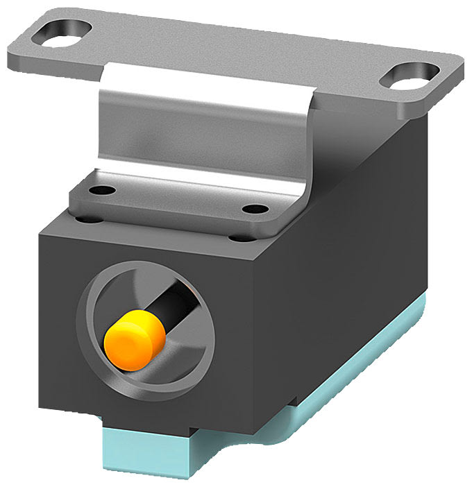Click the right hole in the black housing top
click(x=241, y=238)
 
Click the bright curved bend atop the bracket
click(x=208, y=78)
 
